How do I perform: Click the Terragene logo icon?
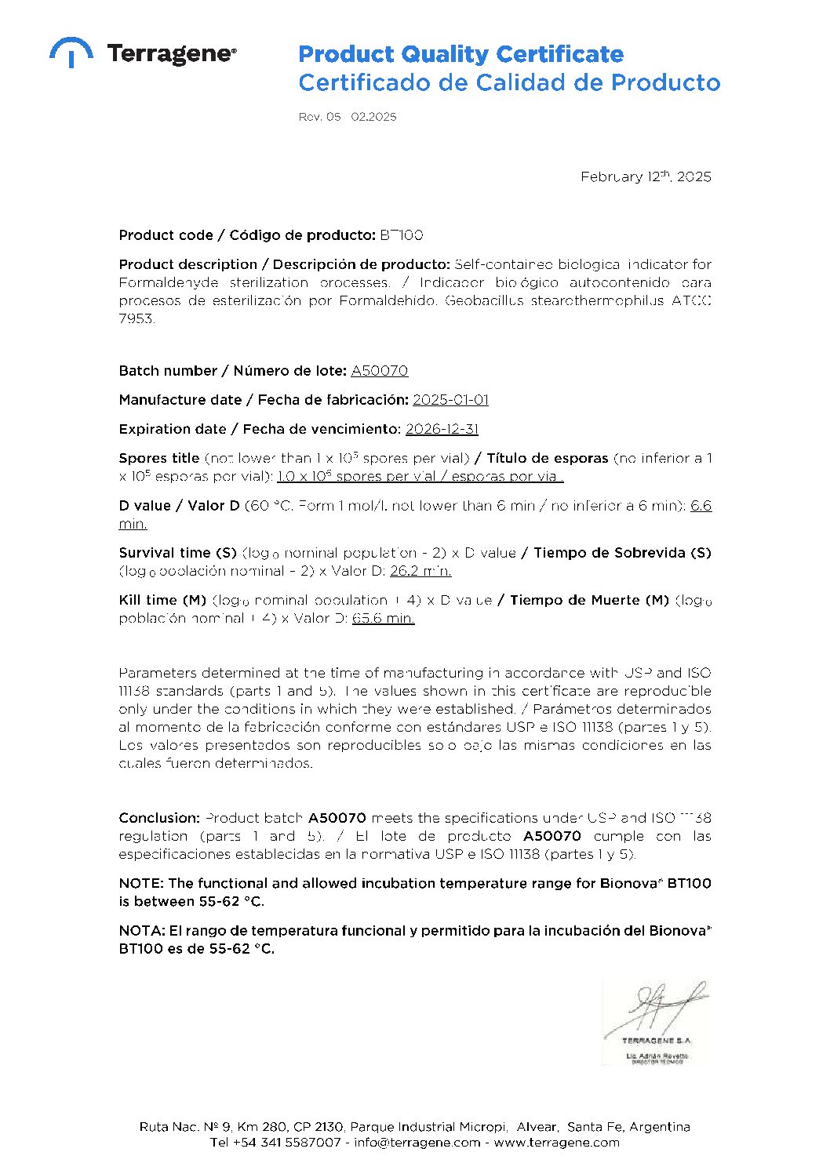71,52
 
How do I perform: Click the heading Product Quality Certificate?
461,55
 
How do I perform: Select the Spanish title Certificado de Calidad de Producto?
508,83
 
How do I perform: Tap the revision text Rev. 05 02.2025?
347,117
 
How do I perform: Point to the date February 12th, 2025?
645,177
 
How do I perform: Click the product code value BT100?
402,235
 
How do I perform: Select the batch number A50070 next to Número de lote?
379,371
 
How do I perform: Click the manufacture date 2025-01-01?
450,400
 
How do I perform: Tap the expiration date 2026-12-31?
442,429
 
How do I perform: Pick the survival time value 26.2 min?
420,571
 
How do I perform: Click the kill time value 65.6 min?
384,618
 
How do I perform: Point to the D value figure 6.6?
701,506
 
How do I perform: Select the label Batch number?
168,371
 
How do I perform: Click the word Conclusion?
159,818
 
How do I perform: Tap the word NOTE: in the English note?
141,884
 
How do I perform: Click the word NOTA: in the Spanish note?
141,931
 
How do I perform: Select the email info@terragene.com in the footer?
417,1143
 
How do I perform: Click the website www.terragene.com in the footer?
556,1143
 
